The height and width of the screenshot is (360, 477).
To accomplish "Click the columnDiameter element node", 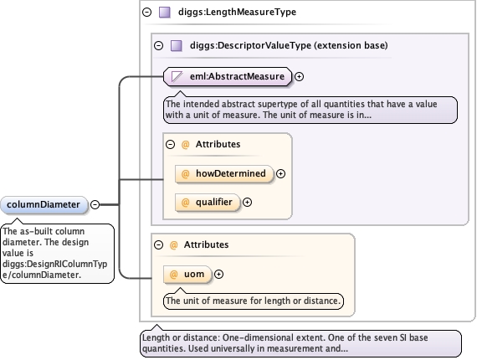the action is click(44, 205).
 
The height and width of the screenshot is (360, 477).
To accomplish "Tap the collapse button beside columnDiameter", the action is click(95, 204).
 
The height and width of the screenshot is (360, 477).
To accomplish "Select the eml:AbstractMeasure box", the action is click(228, 76).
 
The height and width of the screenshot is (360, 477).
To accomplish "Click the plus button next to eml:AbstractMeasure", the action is click(300, 76).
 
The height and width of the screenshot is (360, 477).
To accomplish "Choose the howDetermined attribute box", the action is click(224, 174).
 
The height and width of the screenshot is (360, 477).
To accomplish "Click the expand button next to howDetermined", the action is click(281, 174).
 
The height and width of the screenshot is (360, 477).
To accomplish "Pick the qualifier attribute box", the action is click(208, 203).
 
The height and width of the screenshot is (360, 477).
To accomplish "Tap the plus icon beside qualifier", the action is click(248, 203).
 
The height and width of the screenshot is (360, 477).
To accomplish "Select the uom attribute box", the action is click(187, 275).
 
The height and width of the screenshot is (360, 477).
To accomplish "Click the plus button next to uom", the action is click(218, 274).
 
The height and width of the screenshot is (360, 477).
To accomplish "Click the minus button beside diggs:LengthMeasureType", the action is click(147, 13).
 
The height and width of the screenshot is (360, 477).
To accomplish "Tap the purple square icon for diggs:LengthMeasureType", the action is click(165, 13).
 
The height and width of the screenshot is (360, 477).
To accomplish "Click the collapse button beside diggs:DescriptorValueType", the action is click(158, 46).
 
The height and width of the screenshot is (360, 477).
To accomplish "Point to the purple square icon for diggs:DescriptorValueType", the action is click(177, 46).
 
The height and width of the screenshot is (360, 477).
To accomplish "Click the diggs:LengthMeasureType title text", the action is click(238, 13).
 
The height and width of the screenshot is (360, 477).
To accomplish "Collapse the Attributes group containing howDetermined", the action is click(171, 144).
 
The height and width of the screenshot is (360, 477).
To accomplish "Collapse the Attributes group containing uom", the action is click(158, 245).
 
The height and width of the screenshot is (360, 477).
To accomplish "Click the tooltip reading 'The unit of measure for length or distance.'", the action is click(254, 301).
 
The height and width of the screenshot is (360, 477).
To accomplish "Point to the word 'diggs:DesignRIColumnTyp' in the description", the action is click(54, 264).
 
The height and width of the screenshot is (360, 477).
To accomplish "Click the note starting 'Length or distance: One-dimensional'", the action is click(300, 343).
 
